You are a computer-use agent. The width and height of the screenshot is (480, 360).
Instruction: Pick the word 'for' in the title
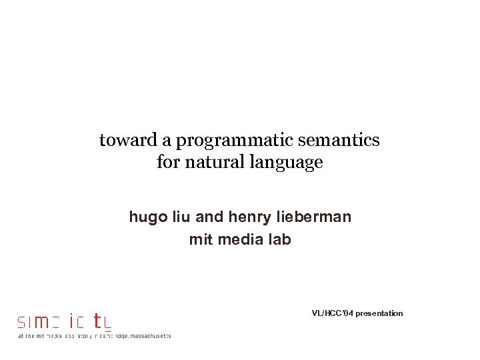(x=167, y=162)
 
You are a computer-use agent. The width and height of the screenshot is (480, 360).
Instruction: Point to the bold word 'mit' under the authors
(x=199, y=239)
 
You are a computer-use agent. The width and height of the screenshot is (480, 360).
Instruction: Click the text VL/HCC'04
(x=332, y=313)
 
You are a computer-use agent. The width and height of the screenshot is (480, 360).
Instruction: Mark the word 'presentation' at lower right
(x=379, y=313)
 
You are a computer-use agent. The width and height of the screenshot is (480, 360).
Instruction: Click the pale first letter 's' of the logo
(x=21, y=323)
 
